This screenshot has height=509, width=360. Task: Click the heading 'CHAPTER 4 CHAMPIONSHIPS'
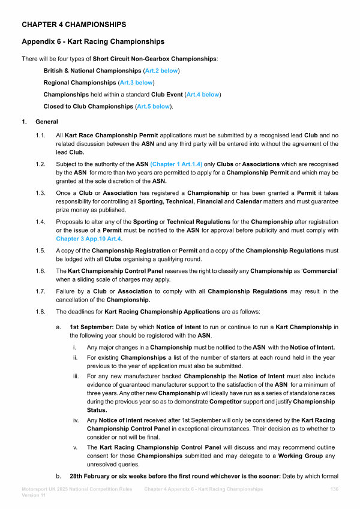(x=74, y=25)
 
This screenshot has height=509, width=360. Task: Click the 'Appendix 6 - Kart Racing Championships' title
(x=93, y=42)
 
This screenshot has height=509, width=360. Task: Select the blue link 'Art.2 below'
(x=161, y=71)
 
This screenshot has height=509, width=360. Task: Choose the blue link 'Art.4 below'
(x=203, y=95)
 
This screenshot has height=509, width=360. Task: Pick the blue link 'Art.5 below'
(x=153, y=107)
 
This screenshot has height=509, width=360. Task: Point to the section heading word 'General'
(x=47, y=122)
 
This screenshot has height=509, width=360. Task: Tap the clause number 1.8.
(x=41, y=312)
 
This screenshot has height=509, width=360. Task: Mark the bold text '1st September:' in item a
(x=88, y=327)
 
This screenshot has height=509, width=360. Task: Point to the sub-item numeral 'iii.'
(x=76, y=375)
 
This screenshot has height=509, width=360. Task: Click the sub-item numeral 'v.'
(x=76, y=447)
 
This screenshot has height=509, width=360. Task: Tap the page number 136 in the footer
(x=335, y=489)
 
